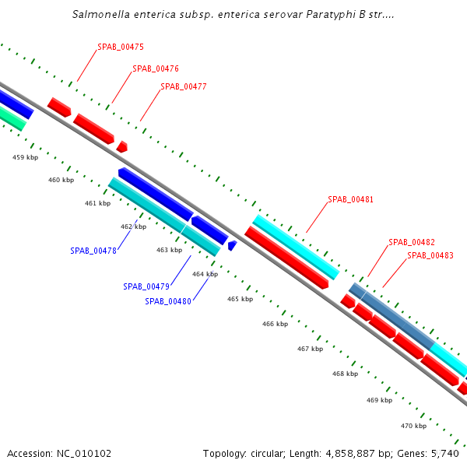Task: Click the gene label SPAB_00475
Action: click(x=120, y=47)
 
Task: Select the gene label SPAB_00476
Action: click(x=155, y=68)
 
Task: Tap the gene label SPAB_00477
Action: click(x=183, y=86)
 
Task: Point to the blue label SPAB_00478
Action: click(x=93, y=251)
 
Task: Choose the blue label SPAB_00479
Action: click(x=146, y=286)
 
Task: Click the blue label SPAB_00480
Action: click(x=167, y=301)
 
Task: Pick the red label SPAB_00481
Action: click(x=350, y=199)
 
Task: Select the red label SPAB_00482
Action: click(x=411, y=242)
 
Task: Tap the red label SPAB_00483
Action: click(x=430, y=255)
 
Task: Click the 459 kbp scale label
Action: click(x=25, y=157)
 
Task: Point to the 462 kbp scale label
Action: click(x=133, y=226)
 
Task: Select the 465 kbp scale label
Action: click(x=240, y=299)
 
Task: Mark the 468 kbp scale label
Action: click(x=345, y=374)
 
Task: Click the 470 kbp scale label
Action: click(x=413, y=426)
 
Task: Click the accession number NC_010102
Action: click(x=84, y=453)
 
